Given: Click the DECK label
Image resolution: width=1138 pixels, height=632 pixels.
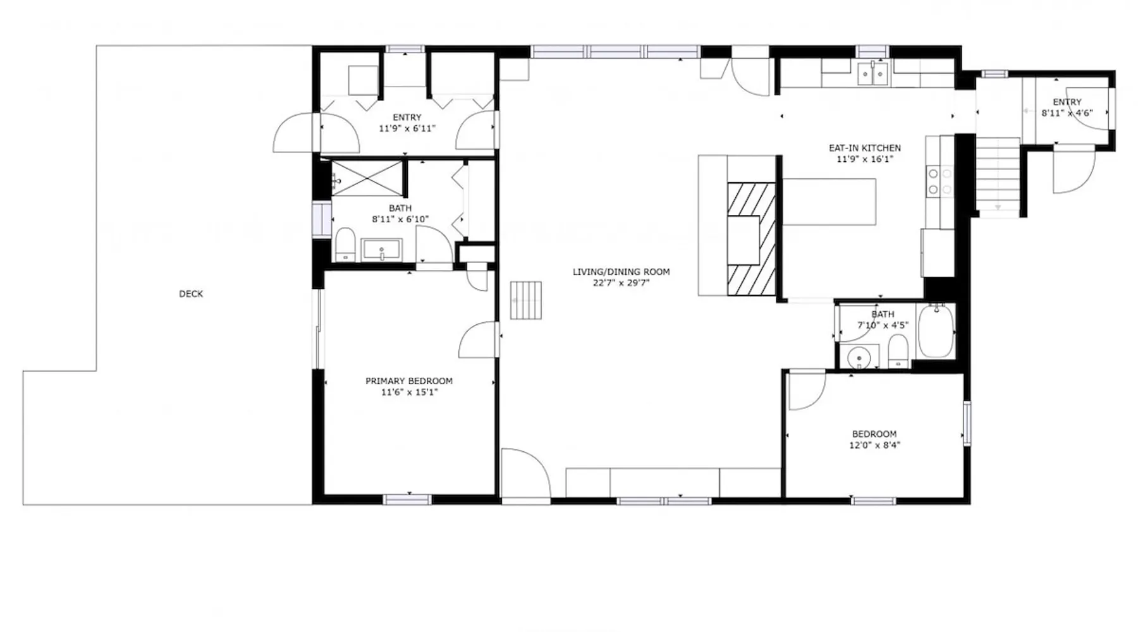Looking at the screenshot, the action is coord(191,294).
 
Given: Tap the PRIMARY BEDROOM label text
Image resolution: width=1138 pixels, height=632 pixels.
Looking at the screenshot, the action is coord(409,381).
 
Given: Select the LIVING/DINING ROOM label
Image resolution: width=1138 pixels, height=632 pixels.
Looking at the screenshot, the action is coord(621,272).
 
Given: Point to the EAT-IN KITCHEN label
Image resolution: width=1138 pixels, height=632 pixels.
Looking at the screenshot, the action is coord(865,148).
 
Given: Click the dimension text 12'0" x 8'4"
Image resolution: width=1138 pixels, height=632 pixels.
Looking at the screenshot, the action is coord(874,445).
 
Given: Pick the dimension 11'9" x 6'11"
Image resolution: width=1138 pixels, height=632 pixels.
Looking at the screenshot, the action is coord(407,128).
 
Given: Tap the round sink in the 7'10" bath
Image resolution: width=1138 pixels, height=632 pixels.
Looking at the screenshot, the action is coord(859,358).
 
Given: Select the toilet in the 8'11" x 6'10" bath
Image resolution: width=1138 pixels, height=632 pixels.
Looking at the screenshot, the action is coord(345,245).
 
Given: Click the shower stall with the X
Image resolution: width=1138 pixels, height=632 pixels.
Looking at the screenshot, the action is coord(367,178).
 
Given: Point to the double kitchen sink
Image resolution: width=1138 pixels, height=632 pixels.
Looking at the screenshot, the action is coord(873,74).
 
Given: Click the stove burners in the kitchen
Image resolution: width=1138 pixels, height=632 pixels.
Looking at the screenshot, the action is coord(940,181).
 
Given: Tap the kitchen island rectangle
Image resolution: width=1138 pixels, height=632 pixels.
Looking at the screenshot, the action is coord(829,202).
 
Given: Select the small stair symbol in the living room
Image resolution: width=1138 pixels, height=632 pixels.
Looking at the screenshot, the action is coord(526,300).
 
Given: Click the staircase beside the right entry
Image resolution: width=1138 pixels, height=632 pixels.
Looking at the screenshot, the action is coord(998,178).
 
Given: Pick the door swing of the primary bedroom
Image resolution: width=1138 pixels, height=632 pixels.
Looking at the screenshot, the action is coord(479,340).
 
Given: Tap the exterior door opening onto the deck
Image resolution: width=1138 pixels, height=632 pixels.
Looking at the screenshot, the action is coord(295,133).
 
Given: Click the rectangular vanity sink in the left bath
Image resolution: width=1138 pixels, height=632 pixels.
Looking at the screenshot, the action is coord(381,250).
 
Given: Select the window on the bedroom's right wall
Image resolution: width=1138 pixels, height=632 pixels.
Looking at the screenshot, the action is coord(967,423).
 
